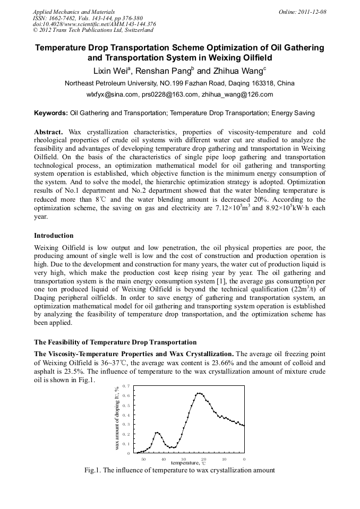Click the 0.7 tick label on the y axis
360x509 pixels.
pyautogui.click(x=126, y=386)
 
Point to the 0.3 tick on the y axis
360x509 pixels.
pyautogui.click(x=126, y=424)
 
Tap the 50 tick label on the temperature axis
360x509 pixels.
pyautogui.click(x=143, y=459)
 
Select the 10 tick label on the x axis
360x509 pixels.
pyautogui.click(x=224, y=459)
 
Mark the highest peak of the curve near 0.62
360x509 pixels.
pyautogui.click(x=199, y=393)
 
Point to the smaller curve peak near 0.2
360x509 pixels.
pyautogui.click(x=157, y=433)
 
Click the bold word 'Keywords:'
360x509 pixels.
pyautogui.click(x=51, y=113)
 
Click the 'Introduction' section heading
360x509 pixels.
pyautogui.click(x=54, y=236)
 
